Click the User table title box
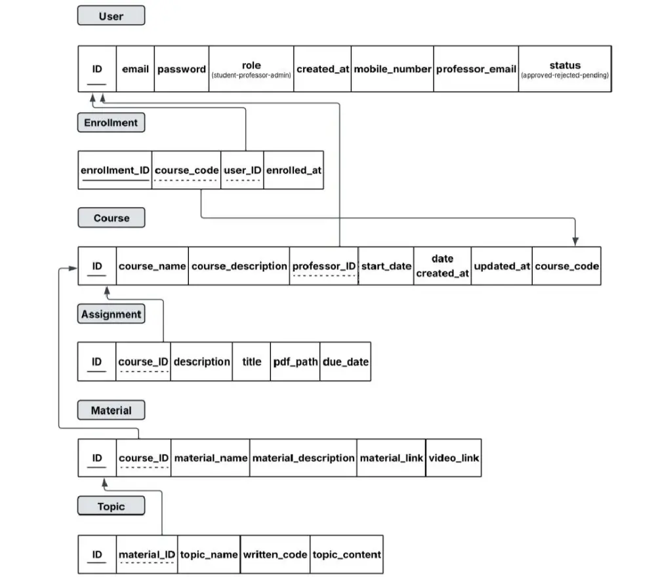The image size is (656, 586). pyautogui.click(x=111, y=16)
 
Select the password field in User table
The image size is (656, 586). pyautogui.click(x=182, y=69)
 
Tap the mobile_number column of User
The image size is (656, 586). pyautogui.click(x=392, y=69)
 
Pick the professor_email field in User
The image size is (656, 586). pyautogui.click(x=476, y=69)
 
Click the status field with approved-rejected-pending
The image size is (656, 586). pyautogui.click(x=564, y=69)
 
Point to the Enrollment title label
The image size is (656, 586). pyautogui.click(x=111, y=123)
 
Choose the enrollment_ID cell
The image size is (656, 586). pyautogui.click(x=115, y=170)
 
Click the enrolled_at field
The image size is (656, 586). pyautogui.click(x=293, y=170)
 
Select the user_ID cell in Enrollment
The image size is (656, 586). pyautogui.click(x=243, y=170)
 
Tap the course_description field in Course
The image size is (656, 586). pyautogui.click(x=239, y=266)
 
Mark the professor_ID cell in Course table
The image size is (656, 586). pyautogui.click(x=324, y=266)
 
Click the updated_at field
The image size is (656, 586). pyautogui.click(x=501, y=266)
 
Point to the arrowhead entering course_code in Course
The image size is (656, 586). pyautogui.click(x=575, y=241)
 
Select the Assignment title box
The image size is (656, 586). pyautogui.click(x=111, y=315)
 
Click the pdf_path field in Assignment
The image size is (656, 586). pyautogui.click(x=295, y=362)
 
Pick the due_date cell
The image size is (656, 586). pyautogui.click(x=345, y=362)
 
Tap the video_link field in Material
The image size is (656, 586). pyautogui.click(x=453, y=458)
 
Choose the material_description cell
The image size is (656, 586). pyautogui.click(x=303, y=458)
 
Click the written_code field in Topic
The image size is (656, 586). pyautogui.click(x=275, y=555)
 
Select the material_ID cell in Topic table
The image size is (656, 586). pyautogui.click(x=147, y=555)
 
